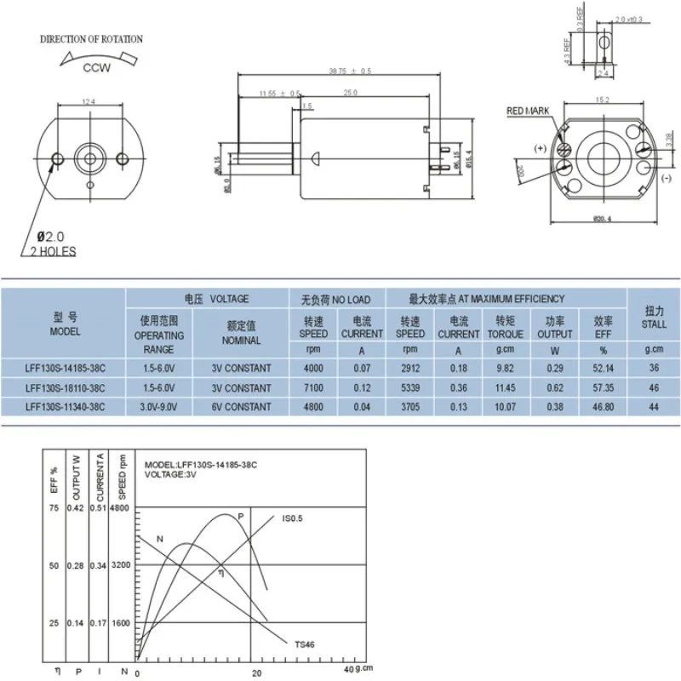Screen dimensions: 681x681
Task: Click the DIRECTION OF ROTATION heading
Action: click(92, 39)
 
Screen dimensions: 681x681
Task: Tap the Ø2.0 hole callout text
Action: click(49, 236)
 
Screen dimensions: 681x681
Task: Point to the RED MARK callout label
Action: click(528, 112)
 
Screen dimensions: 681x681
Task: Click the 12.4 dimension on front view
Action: click(88, 103)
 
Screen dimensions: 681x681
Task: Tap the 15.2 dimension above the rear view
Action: click(602, 100)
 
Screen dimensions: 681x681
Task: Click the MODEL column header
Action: click(65, 323)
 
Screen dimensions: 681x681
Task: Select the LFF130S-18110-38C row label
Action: click(65, 387)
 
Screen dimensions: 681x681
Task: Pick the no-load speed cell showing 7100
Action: click(313, 387)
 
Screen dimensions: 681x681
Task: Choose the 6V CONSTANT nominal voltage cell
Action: click(242, 407)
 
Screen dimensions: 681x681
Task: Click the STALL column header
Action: click(654, 318)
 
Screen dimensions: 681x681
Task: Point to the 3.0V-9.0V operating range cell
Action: click(159, 407)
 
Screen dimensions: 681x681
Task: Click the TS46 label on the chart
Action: click(305, 644)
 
